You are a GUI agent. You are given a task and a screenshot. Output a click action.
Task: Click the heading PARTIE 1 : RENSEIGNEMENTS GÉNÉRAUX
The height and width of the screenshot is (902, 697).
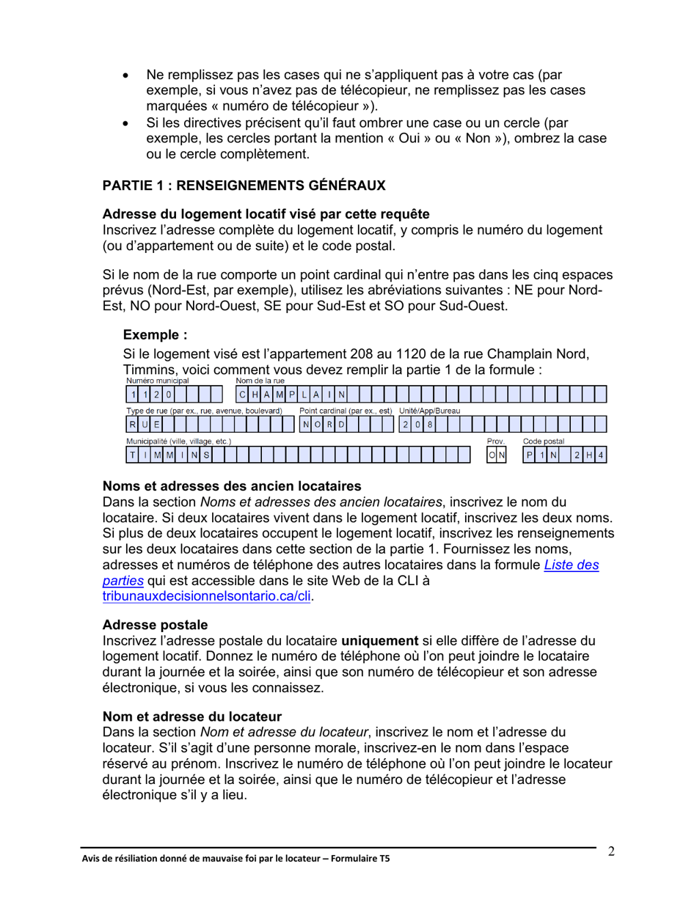244,186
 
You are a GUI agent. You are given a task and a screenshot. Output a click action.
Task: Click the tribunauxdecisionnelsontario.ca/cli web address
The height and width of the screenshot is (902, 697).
207,597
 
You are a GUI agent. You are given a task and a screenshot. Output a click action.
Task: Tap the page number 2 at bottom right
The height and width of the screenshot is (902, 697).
610,851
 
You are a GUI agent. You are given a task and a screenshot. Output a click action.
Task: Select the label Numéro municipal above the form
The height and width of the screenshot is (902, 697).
158,381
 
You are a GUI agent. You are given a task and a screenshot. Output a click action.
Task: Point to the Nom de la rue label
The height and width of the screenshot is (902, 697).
260,381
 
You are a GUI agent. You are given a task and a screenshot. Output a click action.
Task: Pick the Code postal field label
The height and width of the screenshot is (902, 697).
543,441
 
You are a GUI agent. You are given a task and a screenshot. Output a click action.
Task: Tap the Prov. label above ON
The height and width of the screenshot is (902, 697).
496,441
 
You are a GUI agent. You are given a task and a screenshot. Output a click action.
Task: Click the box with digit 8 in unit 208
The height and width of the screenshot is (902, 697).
429,425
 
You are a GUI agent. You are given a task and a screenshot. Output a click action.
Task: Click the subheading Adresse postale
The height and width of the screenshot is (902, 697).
155,625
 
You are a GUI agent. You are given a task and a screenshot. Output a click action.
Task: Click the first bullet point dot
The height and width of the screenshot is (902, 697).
128,76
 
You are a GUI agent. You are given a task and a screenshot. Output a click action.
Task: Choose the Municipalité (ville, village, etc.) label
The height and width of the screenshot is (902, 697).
179,441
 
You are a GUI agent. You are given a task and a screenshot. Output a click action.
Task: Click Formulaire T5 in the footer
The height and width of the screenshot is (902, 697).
362,859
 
